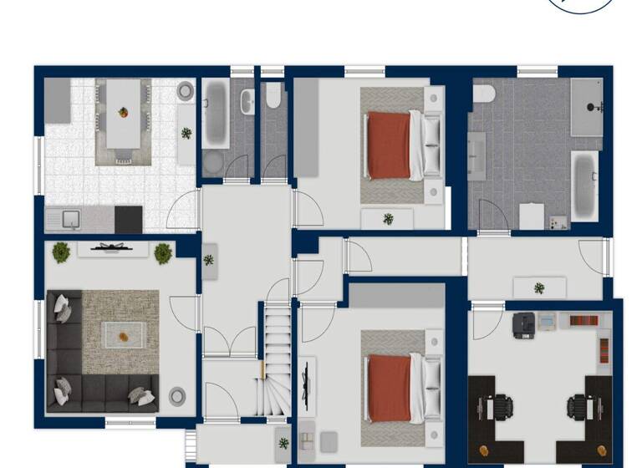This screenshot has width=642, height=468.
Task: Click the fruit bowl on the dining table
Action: coord(123,112)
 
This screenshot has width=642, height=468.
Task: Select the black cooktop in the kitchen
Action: coord(128,220)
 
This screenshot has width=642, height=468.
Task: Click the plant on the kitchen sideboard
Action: coord(186,132)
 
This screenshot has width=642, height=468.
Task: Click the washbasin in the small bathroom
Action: coord(248,101)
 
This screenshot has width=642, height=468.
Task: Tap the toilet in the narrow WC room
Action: coord(273,99)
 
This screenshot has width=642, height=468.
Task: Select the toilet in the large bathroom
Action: coord(483,94)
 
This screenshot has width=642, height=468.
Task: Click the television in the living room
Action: coord(113,247)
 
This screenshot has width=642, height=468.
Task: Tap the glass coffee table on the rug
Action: coord(123,335)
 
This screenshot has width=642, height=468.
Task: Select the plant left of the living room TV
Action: coord(61,252)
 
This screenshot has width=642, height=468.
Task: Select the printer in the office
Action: coord(524,324)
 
